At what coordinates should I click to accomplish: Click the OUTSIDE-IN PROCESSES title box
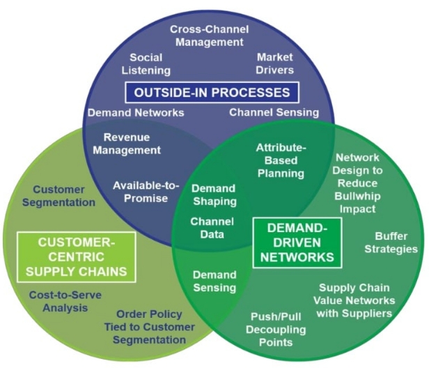[212, 92]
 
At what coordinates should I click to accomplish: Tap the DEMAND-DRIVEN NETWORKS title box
[299, 242]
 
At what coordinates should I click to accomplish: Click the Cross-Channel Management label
[209, 36]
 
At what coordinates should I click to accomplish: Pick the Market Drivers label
[275, 63]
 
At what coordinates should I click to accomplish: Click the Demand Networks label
[136, 112]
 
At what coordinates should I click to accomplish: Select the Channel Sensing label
[274, 112]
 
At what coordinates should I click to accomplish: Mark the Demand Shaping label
[214, 194]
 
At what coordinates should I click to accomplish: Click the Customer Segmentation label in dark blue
[64, 196]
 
